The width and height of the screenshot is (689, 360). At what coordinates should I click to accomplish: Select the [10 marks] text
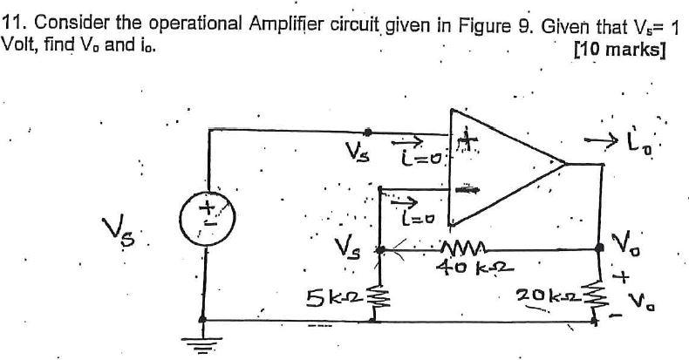pos(620,49)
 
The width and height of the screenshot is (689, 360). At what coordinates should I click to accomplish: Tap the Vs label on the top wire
pos(355,155)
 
